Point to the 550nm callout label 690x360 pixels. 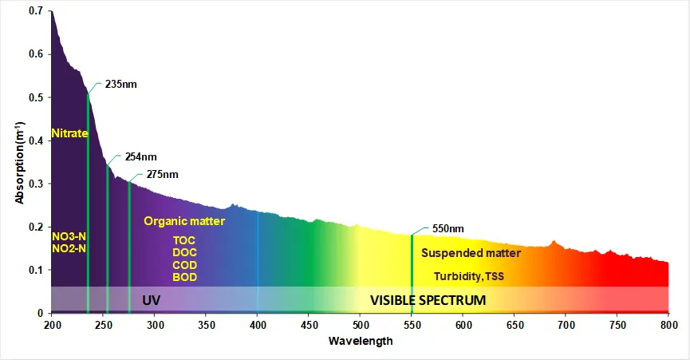[448, 228]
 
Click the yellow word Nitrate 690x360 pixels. [69, 133]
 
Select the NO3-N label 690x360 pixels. [69, 237]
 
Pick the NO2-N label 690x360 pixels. [69, 248]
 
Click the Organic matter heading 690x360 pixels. [184, 221]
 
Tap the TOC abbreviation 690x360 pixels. [184, 240]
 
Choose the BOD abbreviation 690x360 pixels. [184, 277]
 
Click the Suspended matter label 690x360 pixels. [471, 253]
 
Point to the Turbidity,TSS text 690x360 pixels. [469, 277]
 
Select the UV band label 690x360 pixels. [152, 300]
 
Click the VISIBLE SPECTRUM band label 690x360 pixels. [428, 300]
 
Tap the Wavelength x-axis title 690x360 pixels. [361, 341]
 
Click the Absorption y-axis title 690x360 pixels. [19, 162]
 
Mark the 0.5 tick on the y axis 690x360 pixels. [35, 97]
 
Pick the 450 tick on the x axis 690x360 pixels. [361, 325]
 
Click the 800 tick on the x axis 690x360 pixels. [668, 325]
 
